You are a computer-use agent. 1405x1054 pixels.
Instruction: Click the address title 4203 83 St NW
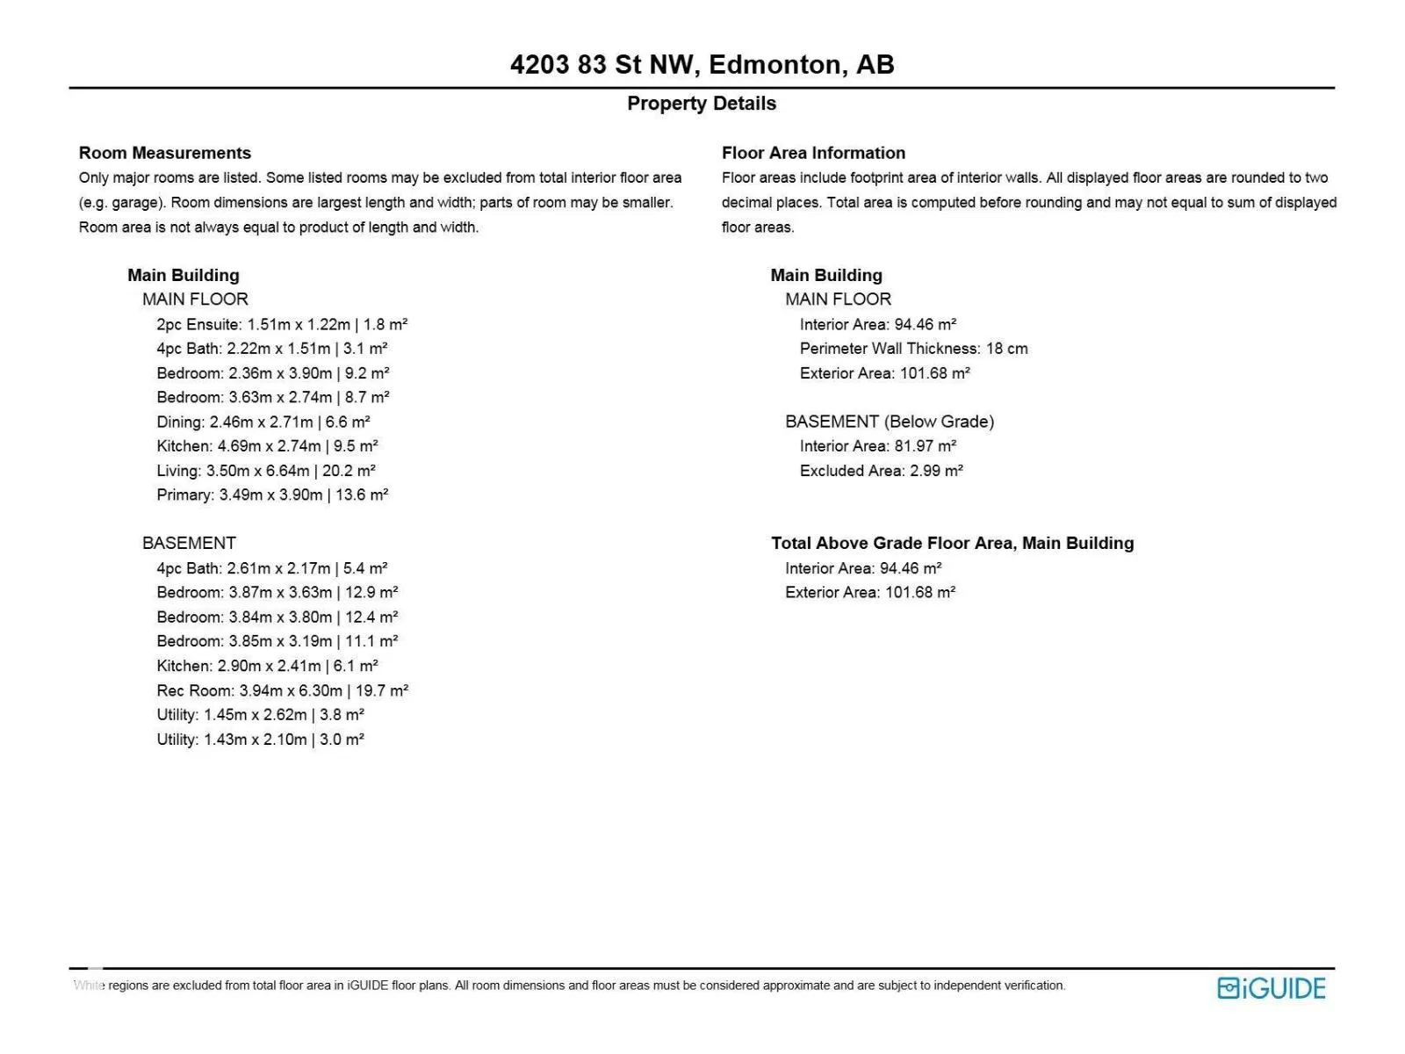pos(702,65)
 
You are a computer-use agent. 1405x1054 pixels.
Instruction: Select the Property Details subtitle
pos(702,104)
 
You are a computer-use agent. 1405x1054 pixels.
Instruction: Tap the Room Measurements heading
pos(165,153)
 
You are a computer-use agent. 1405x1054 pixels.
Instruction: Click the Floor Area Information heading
pos(813,153)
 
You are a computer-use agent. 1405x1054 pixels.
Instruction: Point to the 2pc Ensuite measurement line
pos(282,324)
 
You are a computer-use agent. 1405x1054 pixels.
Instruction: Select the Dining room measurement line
pos(263,422)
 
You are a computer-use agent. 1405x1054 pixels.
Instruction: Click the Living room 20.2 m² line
pos(266,471)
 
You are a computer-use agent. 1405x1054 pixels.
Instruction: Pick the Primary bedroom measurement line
pos(272,495)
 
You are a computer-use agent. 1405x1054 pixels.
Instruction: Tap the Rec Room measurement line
pos(283,690)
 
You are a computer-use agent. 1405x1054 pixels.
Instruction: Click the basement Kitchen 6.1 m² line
pos(267,666)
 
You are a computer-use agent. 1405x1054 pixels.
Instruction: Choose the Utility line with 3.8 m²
pos(260,715)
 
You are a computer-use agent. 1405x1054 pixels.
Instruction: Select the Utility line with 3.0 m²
pos(260,740)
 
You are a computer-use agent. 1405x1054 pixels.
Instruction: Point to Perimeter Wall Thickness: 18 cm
pos(913,349)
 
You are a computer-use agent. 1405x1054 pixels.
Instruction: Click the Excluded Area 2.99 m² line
pos(881,471)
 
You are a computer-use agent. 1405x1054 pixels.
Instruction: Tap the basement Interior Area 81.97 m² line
pos(877,446)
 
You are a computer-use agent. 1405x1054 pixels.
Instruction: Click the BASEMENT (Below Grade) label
pos(890,422)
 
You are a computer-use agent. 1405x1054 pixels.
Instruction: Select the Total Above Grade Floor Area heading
pos(952,543)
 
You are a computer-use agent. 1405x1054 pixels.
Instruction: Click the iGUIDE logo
pos(1271,988)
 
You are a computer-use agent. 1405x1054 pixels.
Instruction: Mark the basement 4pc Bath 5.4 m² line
pos(272,568)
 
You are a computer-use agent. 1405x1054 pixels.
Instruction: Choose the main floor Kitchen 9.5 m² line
pos(267,446)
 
